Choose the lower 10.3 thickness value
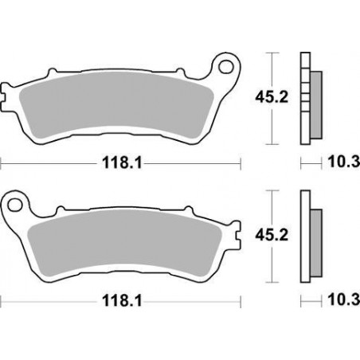pos(342,300)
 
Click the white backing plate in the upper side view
pos(303,100)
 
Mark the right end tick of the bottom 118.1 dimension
pos(241,301)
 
